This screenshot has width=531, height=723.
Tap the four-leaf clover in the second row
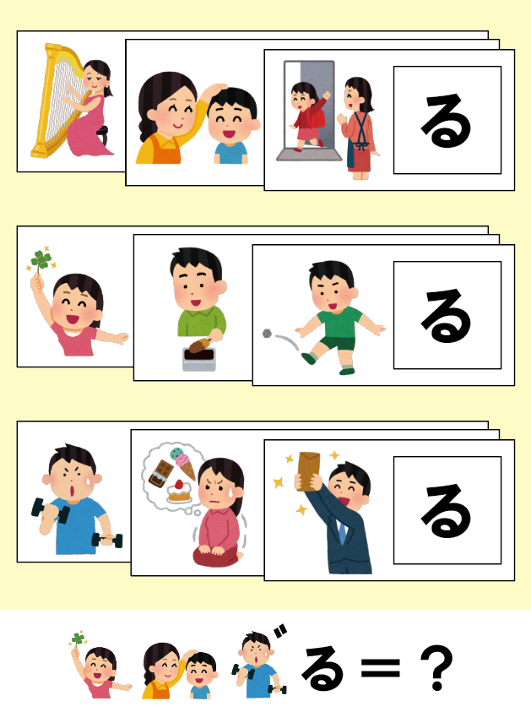click(41, 259)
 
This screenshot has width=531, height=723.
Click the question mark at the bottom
click(437, 670)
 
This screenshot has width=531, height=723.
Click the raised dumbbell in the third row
click(39, 508)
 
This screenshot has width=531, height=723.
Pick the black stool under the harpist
click(104, 134)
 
